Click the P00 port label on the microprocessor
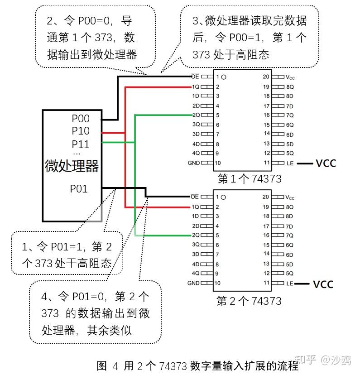click(81, 119)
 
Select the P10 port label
click(81, 131)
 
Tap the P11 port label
click(81, 144)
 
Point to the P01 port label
click(79, 188)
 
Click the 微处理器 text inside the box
click(72, 166)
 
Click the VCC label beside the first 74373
click(326, 163)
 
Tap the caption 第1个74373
click(249, 178)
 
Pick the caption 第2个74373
click(249, 301)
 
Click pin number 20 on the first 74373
click(266, 77)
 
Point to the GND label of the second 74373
click(193, 283)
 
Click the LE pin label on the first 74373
click(290, 163)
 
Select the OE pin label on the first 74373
click(195, 77)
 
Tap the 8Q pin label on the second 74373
click(290, 207)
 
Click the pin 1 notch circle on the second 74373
click(223, 197)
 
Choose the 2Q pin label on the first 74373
click(196, 115)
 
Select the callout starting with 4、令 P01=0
click(95, 313)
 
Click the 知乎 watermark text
click(305, 360)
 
